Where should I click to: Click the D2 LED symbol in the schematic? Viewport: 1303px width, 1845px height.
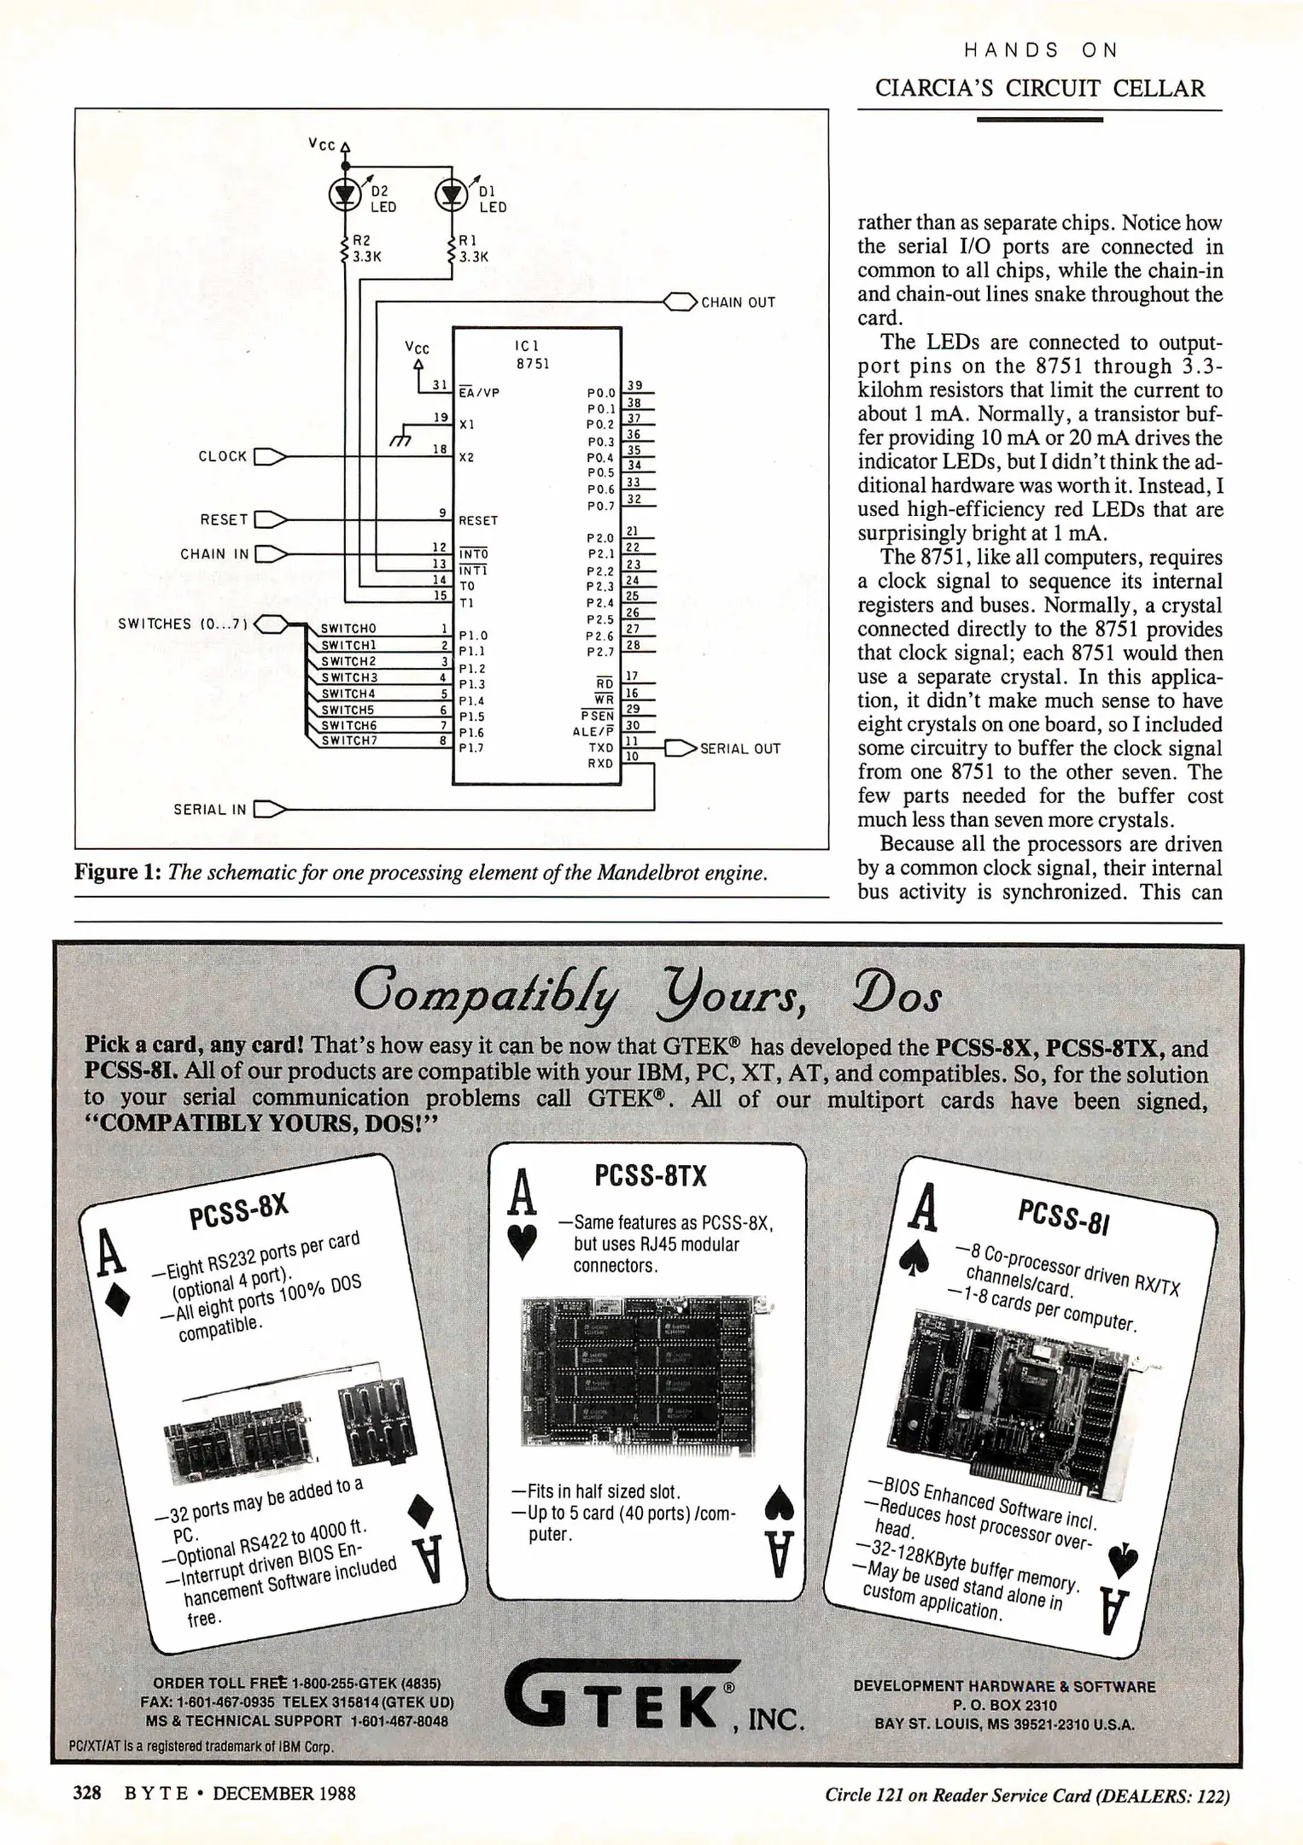tap(345, 196)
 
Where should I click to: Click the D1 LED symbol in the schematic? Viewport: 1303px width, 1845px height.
tap(452, 196)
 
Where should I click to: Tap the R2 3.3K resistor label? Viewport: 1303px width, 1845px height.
tap(365, 248)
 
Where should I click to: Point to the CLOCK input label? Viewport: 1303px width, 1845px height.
tap(223, 456)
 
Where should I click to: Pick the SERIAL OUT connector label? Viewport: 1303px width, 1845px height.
tap(739, 749)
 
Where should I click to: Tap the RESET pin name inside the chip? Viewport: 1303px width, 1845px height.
tap(478, 520)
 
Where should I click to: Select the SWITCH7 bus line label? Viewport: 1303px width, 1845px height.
tap(348, 741)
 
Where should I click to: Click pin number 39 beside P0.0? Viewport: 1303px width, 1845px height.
tap(634, 386)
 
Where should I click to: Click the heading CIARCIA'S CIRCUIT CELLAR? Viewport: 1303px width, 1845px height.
tap(1040, 88)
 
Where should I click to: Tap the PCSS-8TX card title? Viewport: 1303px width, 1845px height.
tap(651, 1177)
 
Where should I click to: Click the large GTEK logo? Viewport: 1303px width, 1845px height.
tap(619, 1702)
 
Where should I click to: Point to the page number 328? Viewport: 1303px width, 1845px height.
tap(87, 1792)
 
